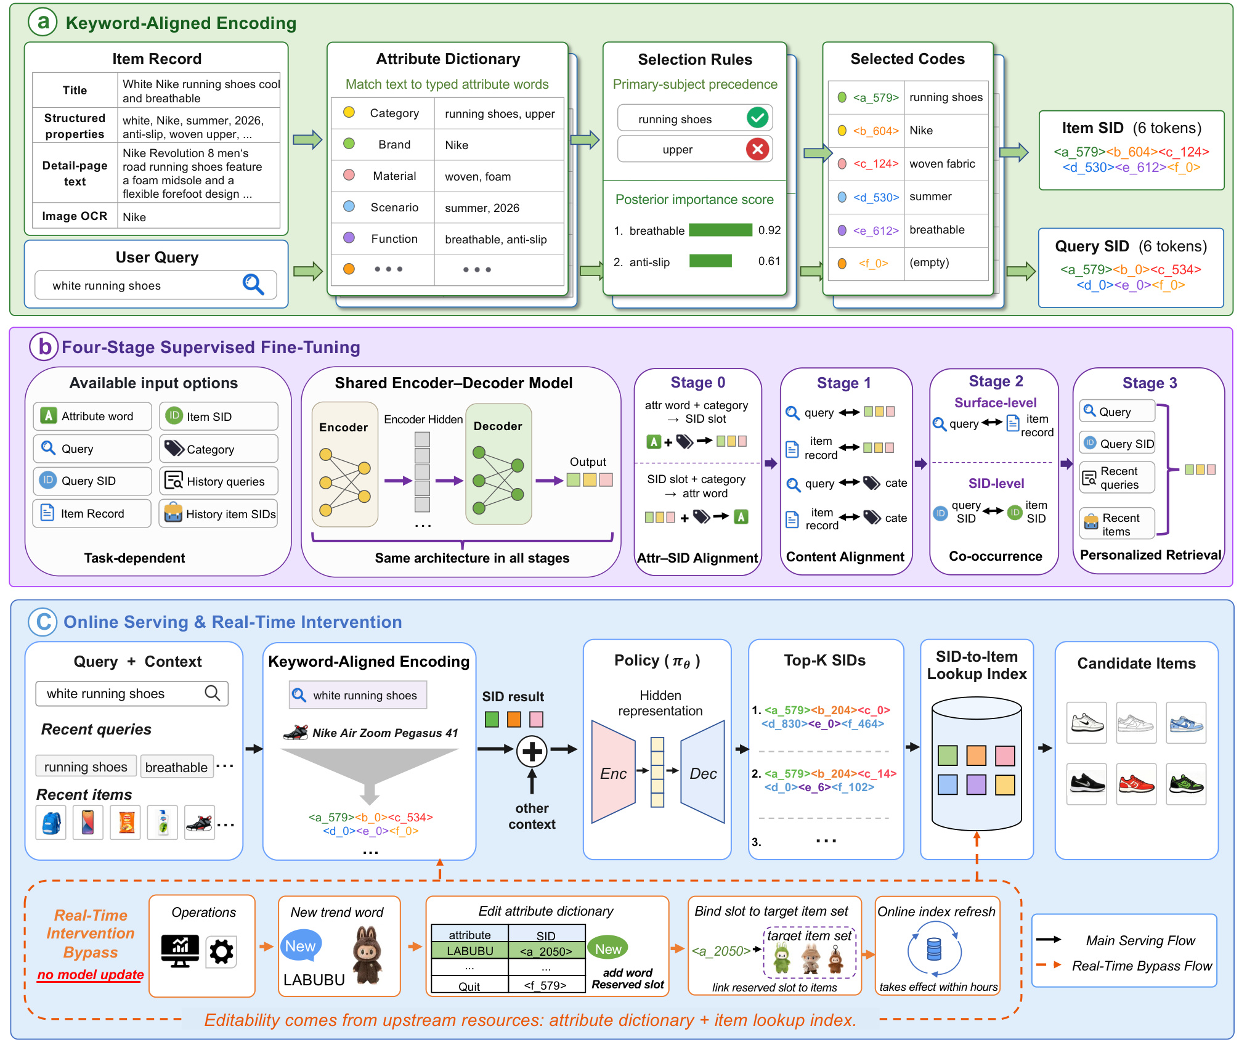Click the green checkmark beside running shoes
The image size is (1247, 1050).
coord(757,117)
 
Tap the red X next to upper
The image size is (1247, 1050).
coord(757,149)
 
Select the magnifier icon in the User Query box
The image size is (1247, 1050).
coord(253,284)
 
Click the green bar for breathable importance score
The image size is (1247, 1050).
coord(720,230)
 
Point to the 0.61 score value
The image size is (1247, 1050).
coord(769,261)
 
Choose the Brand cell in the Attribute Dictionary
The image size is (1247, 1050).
coord(394,144)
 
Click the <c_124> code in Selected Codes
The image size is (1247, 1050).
coord(875,164)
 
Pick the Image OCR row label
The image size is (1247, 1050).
coord(75,216)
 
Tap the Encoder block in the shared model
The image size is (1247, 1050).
coord(345,465)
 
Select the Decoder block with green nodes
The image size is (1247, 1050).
coord(498,464)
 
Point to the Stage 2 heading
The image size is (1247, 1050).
coord(996,381)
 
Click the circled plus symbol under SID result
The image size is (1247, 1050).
coord(532,751)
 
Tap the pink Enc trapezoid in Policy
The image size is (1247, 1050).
coord(613,772)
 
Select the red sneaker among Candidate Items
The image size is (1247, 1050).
coord(1136,784)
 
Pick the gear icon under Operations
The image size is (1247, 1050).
coord(222,951)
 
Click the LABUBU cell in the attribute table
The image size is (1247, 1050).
coord(470,951)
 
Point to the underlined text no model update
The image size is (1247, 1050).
coord(91,975)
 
